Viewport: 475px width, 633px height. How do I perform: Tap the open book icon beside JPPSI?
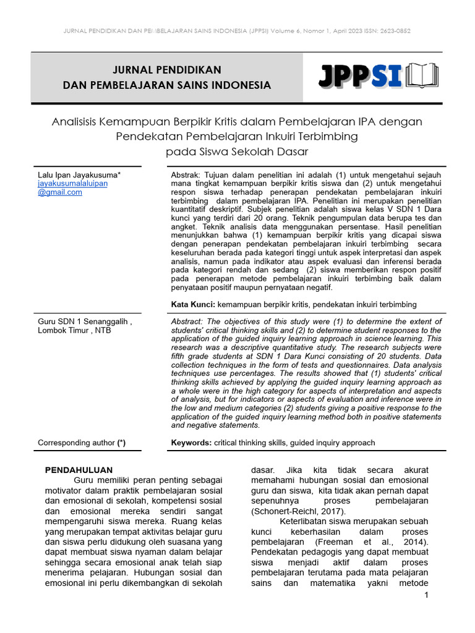pyautogui.click(x=422, y=76)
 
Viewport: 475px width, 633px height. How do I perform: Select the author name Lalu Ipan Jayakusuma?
pyautogui.click(x=79, y=175)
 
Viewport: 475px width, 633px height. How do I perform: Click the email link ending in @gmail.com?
pyautogui.click(x=60, y=192)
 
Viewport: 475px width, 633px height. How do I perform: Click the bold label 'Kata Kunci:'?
pyautogui.click(x=193, y=304)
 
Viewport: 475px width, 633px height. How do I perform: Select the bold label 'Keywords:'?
pyautogui.click(x=191, y=443)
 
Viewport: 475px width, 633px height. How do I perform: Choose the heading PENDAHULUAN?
pyautogui.click(x=79, y=470)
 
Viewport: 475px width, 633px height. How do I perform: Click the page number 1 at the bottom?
pyautogui.click(x=426, y=595)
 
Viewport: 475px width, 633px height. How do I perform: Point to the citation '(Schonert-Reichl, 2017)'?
pyautogui.click(x=299, y=512)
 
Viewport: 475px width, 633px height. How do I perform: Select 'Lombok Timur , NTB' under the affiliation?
pyautogui.click(x=75, y=331)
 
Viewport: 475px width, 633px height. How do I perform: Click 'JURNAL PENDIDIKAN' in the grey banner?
pyautogui.click(x=167, y=69)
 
